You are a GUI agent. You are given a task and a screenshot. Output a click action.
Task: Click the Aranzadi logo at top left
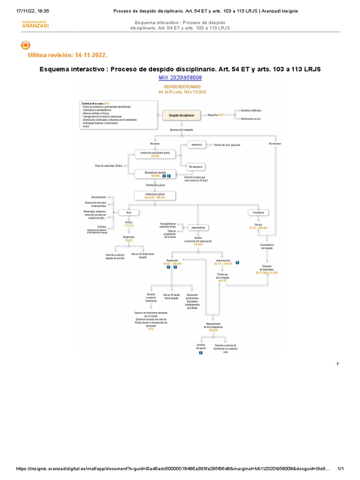[x=35, y=24]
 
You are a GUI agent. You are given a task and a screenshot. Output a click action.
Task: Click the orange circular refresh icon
[x=26, y=45]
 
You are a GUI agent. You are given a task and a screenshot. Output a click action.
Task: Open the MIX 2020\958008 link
[x=180, y=77]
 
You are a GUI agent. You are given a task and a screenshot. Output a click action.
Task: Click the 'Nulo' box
[x=128, y=212]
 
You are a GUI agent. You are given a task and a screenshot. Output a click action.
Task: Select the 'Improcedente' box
[x=197, y=227]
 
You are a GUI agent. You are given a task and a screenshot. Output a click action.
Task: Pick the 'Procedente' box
[x=258, y=212]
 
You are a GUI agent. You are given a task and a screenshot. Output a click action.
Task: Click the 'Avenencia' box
[x=196, y=144]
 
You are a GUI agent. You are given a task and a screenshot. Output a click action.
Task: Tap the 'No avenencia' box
[x=196, y=166]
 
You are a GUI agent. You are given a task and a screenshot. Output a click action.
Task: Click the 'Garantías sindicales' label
[x=251, y=110]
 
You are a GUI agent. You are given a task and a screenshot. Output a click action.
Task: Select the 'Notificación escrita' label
[x=251, y=119]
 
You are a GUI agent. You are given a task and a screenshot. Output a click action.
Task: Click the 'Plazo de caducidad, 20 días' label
[x=108, y=166]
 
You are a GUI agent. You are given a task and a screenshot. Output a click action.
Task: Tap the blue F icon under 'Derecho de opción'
[x=201, y=352]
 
